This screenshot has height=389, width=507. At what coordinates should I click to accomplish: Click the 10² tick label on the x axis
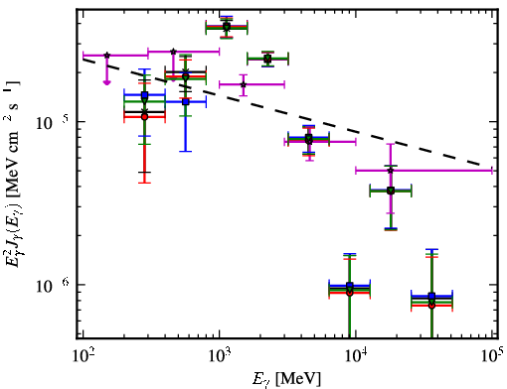[84, 355]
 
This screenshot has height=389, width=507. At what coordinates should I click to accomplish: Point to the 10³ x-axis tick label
[220, 355]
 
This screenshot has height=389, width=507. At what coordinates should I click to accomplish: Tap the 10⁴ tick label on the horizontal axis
[356, 355]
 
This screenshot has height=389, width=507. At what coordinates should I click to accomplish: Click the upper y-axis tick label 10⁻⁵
[49, 123]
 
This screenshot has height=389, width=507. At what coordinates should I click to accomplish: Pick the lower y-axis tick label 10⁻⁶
[49, 286]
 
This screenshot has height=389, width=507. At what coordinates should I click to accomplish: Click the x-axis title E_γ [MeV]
[286, 379]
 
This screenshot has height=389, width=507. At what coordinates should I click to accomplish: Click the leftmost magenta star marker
[106, 56]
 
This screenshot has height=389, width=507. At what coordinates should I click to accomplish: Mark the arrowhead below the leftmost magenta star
[106, 82]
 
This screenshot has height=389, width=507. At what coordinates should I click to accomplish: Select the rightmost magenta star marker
[391, 171]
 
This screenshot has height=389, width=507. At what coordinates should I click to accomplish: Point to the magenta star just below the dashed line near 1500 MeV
[244, 84]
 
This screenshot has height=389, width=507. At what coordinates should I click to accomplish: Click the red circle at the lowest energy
[144, 117]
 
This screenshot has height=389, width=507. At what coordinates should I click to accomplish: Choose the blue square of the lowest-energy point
[144, 95]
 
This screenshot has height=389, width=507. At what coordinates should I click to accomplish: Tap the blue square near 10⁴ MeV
[350, 286]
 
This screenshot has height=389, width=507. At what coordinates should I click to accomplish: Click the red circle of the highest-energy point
[431, 306]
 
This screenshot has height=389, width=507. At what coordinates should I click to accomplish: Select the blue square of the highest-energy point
[431, 296]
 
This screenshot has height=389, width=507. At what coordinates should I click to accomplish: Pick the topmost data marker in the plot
[227, 27]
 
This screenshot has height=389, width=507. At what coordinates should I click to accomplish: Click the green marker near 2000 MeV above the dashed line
[267, 59]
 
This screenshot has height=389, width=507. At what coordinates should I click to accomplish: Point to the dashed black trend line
[281, 112]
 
